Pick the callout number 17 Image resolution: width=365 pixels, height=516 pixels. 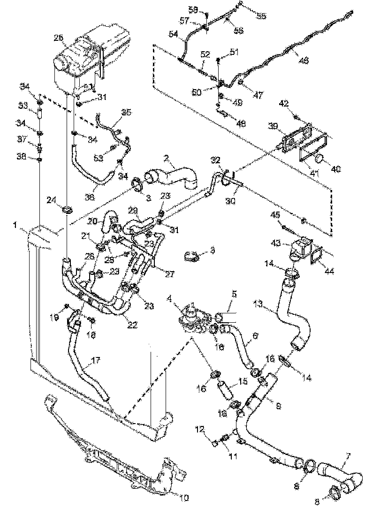click(x=95, y=361)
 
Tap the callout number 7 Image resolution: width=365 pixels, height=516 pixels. click(x=348, y=455)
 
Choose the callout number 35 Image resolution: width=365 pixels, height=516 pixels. click(x=126, y=112)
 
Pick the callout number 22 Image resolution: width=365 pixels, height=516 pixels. click(x=132, y=325)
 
